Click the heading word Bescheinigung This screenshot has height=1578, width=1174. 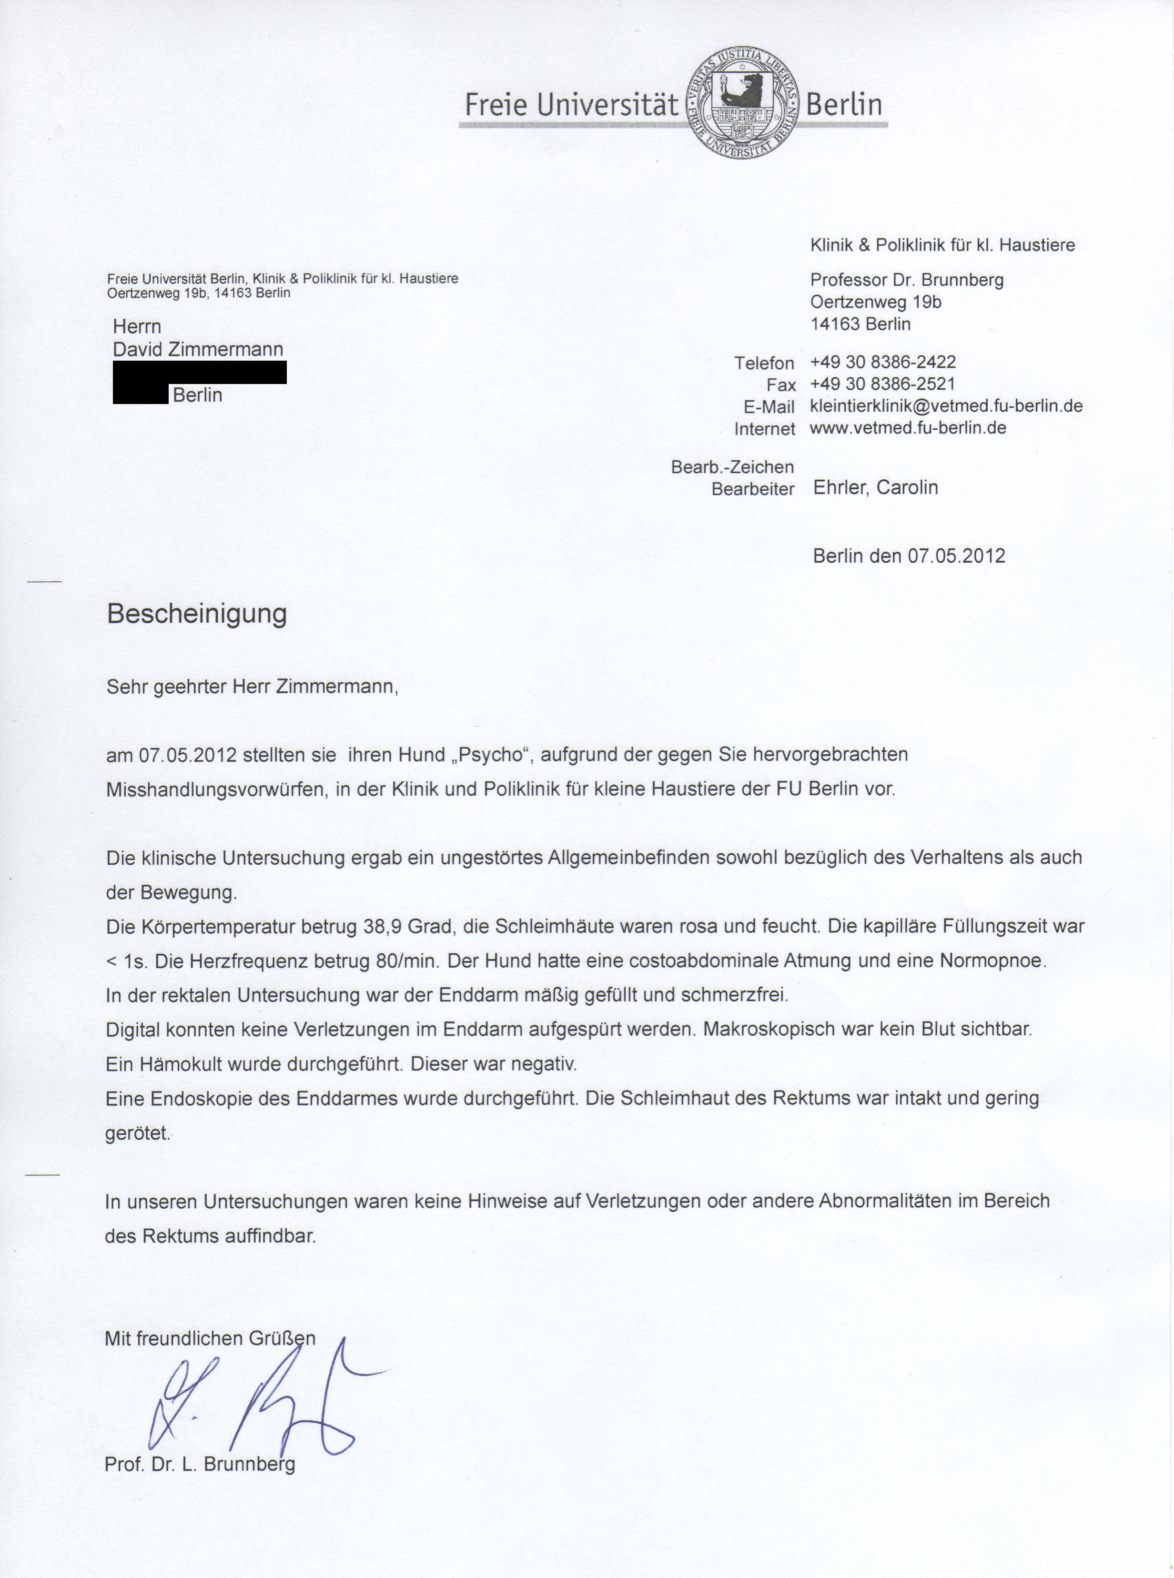tap(197, 613)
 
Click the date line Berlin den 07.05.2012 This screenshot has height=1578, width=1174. tap(909, 556)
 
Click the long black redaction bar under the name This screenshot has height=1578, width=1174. tap(200, 372)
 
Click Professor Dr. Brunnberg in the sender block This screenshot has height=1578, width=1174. tap(907, 280)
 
